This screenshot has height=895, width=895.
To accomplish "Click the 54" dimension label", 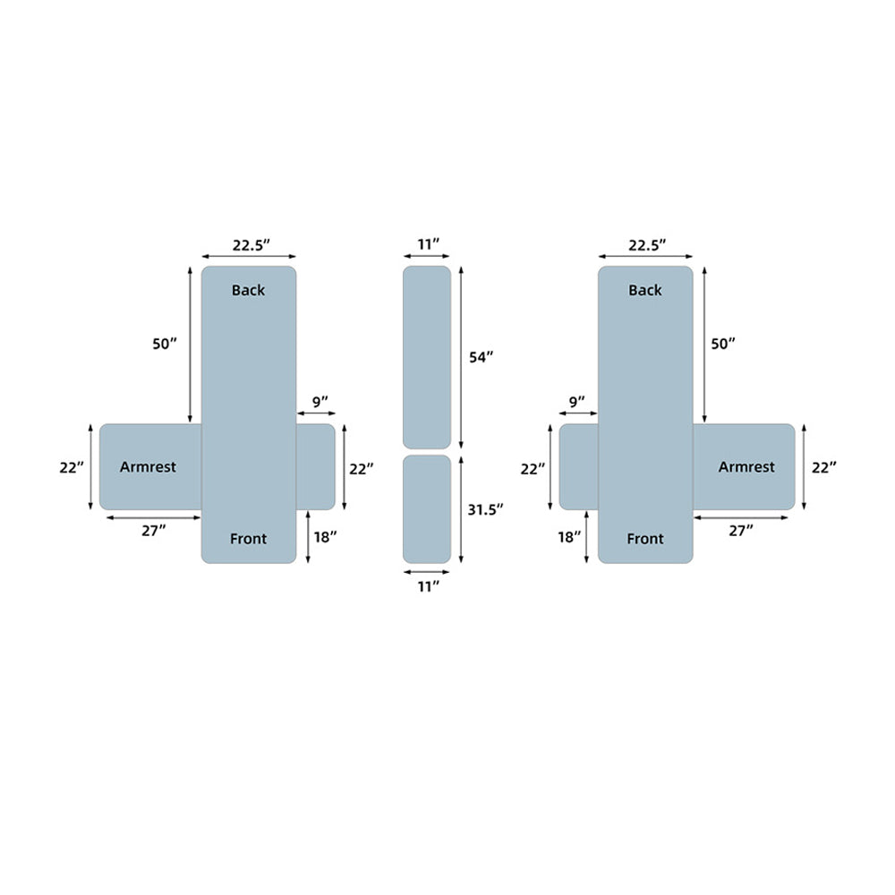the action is coord(482,357).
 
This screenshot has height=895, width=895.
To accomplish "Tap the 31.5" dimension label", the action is coord(485,510).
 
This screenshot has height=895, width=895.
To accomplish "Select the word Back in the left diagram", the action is coord(248,290).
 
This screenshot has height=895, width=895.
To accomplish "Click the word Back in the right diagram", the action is coord(645,290).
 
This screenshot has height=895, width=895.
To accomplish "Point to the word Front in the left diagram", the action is coord(248,539).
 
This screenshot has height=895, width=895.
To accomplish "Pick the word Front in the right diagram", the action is coord(645,539).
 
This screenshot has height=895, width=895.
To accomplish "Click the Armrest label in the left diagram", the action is coord(148,467).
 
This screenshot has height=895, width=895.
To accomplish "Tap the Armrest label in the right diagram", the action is coord(746,467).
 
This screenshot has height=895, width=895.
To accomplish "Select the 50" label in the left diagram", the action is coord(165,344).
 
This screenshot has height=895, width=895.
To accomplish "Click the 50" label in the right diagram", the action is coord(723,344).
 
